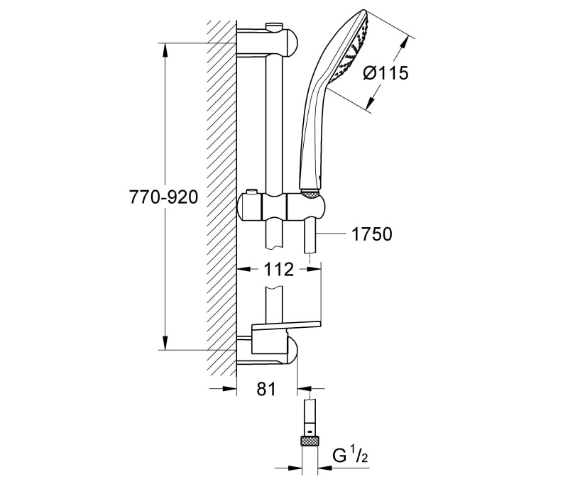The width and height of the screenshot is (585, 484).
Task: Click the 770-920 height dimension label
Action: click(163, 197)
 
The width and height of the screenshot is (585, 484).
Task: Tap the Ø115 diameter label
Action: click(386, 72)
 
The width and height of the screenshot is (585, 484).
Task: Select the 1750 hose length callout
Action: click(372, 234)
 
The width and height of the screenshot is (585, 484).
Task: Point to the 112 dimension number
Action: click(278, 269)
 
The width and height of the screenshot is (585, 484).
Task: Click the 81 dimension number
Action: click(266, 389)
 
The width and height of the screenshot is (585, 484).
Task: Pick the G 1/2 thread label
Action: click(350, 456)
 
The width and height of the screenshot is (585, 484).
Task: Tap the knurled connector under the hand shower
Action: click(310, 194)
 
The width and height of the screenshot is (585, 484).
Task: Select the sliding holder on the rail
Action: click(281, 207)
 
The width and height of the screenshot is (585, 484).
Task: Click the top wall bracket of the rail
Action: click(268, 42)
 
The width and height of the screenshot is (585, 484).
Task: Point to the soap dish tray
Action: click(286, 325)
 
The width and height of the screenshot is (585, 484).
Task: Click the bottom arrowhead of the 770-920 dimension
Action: click(165, 343)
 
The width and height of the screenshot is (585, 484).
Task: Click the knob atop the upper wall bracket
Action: click(274, 27)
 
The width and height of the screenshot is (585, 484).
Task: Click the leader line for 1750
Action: click(332, 234)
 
